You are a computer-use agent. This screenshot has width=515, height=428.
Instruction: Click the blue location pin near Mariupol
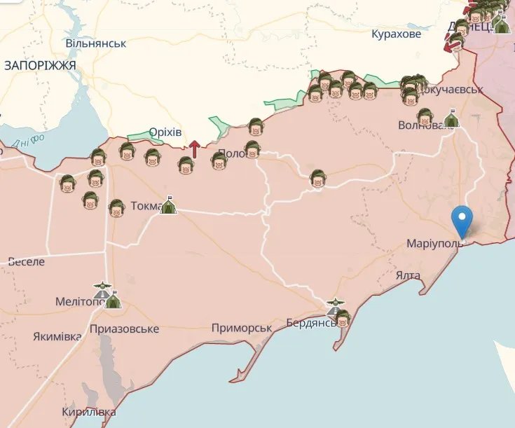click(462, 220)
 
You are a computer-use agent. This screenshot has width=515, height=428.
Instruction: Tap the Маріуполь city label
click(434, 244)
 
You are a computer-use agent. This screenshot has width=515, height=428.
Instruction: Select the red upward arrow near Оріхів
click(194, 148)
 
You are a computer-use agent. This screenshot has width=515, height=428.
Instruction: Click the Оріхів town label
click(165, 132)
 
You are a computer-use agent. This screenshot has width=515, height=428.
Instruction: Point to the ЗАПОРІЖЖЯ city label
click(39, 64)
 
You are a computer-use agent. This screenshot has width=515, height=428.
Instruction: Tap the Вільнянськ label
click(96, 43)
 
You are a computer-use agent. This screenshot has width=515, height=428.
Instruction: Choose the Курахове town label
click(397, 34)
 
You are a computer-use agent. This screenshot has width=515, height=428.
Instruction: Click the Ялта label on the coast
click(407, 275)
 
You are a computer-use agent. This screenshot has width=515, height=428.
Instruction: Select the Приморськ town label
click(242, 328)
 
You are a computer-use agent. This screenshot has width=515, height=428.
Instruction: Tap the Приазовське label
click(124, 329)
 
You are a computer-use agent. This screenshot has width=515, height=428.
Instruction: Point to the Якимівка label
click(57, 336)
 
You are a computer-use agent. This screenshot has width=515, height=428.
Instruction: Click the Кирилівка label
click(88, 411)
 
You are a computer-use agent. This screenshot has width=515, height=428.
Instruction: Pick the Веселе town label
click(26, 261)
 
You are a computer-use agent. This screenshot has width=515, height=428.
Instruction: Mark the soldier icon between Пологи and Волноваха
click(318, 179)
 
